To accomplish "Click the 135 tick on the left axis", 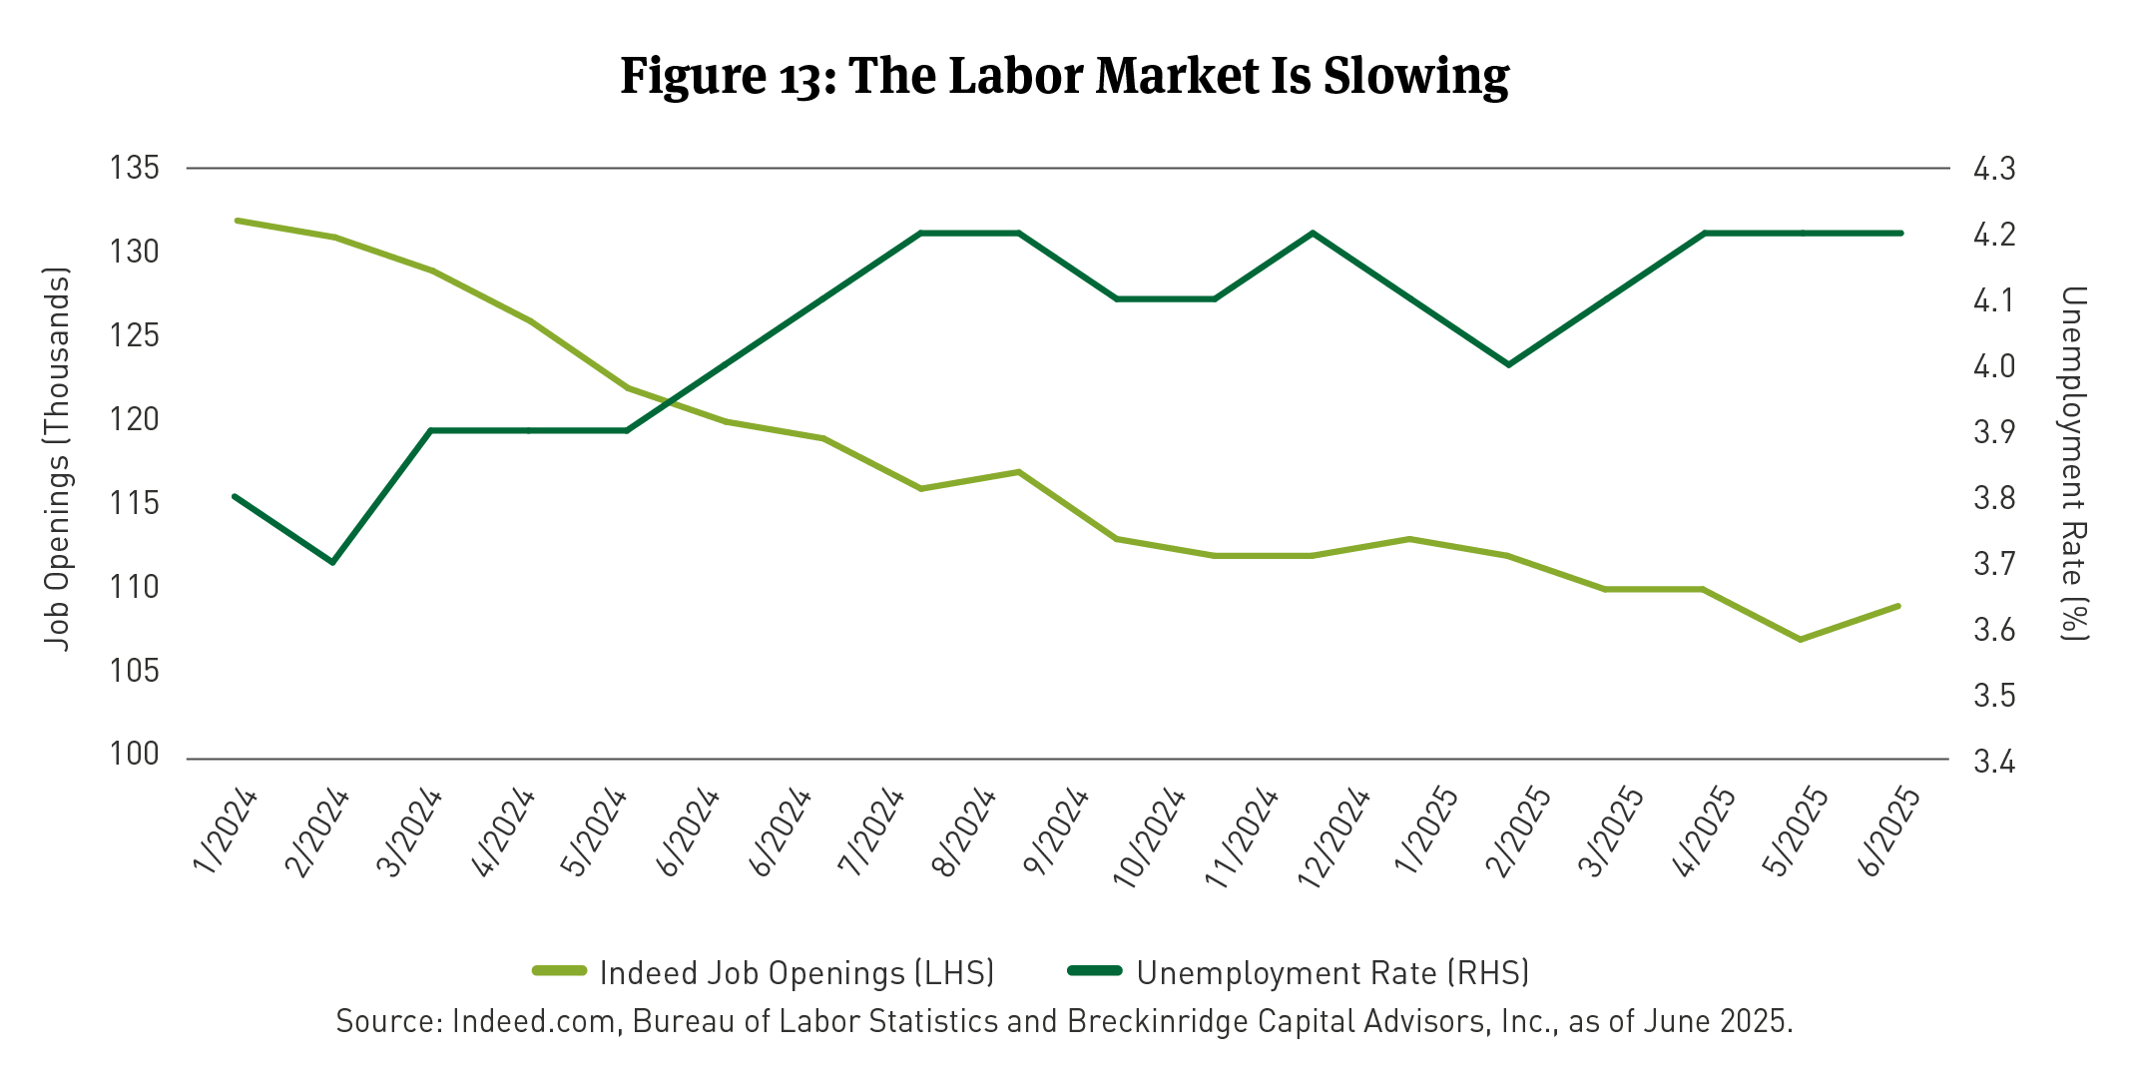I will click(x=134, y=168).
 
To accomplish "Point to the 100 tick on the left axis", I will click(x=134, y=755).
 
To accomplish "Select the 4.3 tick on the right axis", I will click(x=1994, y=169).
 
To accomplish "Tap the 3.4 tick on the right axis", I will click(x=1994, y=763).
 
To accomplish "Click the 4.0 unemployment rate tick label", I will click(x=1994, y=366).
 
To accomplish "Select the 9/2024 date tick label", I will click(x=1057, y=831).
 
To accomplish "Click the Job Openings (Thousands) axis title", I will click(x=58, y=459).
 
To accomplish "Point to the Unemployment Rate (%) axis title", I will click(x=2074, y=463).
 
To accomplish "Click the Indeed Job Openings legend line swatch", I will click(x=559, y=971).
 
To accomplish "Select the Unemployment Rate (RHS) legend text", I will click(x=1332, y=972).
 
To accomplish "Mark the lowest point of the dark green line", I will click(x=332, y=562).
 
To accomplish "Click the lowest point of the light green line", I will click(x=1800, y=639).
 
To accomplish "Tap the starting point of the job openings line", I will click(x=237, y=220).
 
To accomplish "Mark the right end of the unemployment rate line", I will click(x=1900, y=233).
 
